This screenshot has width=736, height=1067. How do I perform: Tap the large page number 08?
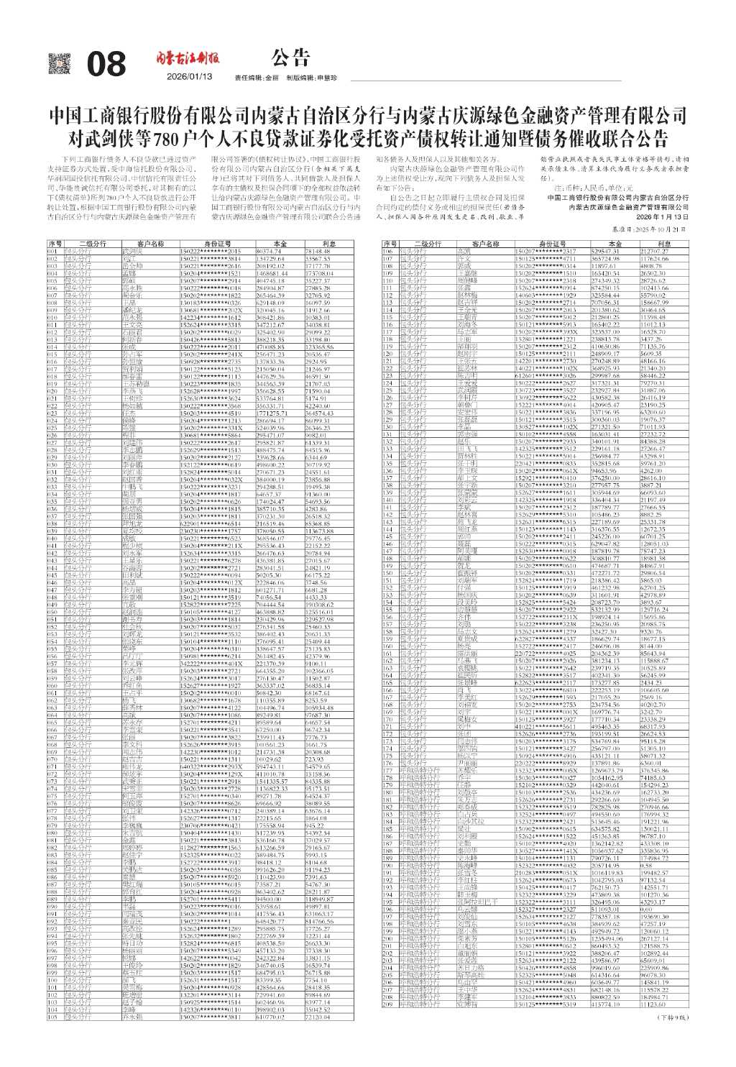coord(106,65)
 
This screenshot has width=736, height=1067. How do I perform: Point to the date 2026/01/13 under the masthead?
coord(189,76)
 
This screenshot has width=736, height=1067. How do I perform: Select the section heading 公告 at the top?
coord(290,57)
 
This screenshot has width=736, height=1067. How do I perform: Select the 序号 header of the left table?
coord(55,244)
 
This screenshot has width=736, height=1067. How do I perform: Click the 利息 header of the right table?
coord(664,244)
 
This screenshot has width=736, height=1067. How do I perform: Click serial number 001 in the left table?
coord(52,251)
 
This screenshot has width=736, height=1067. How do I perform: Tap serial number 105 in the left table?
coord(52,1017)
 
